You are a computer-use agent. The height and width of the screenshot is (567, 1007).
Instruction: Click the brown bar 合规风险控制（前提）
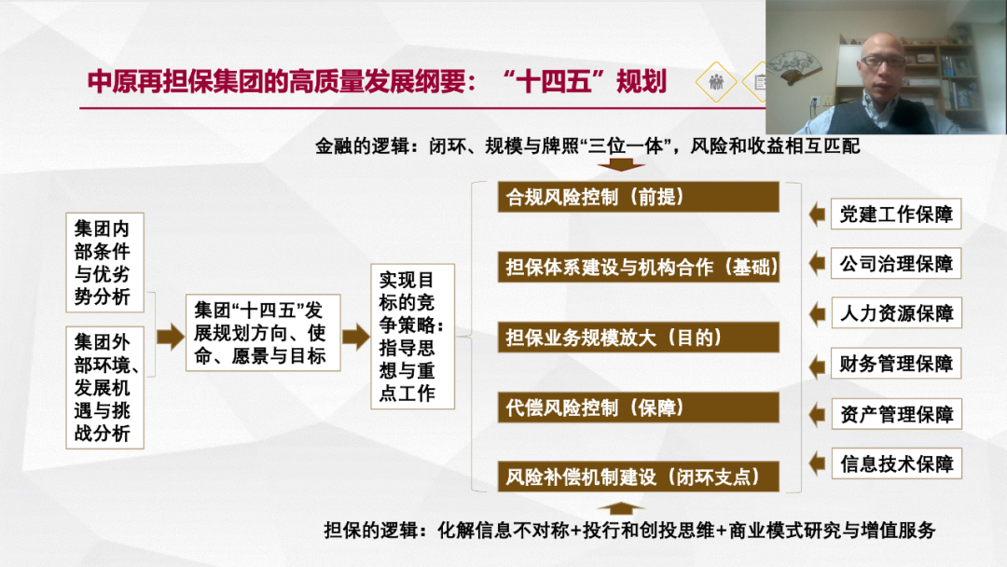(x=639, y=197)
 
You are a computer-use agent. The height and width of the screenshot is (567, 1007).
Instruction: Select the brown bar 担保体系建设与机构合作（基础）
(x=639, y=267)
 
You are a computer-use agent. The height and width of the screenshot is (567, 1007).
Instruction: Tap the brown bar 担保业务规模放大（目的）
(x=639, y=337)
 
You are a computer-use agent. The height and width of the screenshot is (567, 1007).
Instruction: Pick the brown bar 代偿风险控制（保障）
(x=639, y=408)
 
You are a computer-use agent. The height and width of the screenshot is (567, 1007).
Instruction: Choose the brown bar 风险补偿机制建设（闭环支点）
(x=639, y=477)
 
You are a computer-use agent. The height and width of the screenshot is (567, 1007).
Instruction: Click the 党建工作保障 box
(x=896, y=214)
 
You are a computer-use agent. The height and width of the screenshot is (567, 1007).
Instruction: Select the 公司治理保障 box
(x=896, y=263)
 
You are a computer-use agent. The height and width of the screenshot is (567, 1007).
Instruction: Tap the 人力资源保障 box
(x=896, y=312)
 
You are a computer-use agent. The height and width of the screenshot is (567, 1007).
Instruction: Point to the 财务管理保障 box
(x=896, y=364)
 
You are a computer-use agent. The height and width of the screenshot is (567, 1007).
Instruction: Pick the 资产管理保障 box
(x=896, y=414)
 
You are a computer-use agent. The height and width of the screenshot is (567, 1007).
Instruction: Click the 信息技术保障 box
(x=896, y=463)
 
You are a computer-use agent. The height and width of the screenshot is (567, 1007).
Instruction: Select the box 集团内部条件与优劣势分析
(x=104, y=263)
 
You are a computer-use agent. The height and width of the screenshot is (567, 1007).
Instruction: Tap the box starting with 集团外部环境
(x=104, y=387)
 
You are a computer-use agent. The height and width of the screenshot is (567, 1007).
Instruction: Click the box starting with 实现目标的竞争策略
(x=412, y=337)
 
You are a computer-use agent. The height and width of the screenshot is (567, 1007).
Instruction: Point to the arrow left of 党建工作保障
(x=817, y=214)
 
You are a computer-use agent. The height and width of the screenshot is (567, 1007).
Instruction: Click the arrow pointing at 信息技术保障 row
(x=817, y=463)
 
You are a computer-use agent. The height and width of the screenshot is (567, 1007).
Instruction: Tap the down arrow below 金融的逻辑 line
(x=621, y=164)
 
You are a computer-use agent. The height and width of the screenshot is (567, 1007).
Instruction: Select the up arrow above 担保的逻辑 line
(x=621, y=508)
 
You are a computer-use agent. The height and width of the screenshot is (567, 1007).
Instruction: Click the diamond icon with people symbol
(x=716, y=82)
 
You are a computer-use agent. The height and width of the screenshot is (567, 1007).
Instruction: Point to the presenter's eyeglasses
(x=883, y=61)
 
